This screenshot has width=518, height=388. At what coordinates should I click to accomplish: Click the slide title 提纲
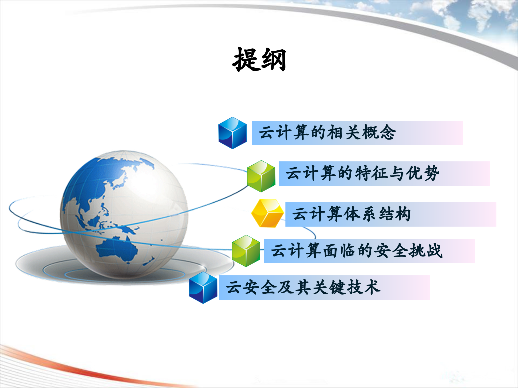pos(259,60)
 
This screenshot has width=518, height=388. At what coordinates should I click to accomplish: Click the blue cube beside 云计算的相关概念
pos(232,133)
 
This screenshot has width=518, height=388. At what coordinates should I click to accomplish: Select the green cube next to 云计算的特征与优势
pos(261,176)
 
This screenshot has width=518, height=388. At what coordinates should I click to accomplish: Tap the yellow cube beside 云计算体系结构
pos(267,213)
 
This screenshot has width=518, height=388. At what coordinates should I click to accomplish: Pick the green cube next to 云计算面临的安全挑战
pos(246,251)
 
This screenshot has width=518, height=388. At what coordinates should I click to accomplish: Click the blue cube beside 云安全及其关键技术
pos(203,287)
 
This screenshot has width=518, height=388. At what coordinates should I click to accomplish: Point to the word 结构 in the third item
pos(395,214)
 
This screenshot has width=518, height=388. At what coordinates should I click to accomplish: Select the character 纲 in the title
pos(273,60)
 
